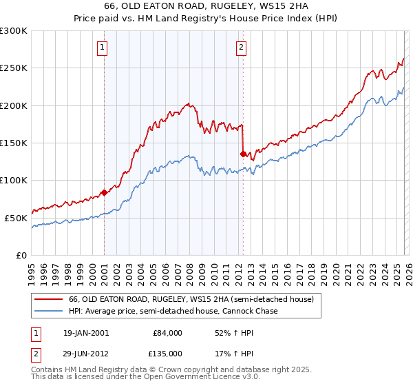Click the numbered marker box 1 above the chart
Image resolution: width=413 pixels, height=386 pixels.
click(102, 48)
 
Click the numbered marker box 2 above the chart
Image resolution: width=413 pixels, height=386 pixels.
click(242, 48)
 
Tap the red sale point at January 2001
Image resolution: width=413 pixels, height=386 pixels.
click(104, 192)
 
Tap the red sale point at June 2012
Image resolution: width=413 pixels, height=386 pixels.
click(243, 154)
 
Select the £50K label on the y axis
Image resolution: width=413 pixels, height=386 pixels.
click(16, 218)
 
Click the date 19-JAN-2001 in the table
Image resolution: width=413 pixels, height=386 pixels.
click(85, 333)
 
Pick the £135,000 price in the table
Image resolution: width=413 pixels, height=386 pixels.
click(167, 353)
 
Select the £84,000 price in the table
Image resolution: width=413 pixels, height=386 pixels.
click(167, 333)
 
